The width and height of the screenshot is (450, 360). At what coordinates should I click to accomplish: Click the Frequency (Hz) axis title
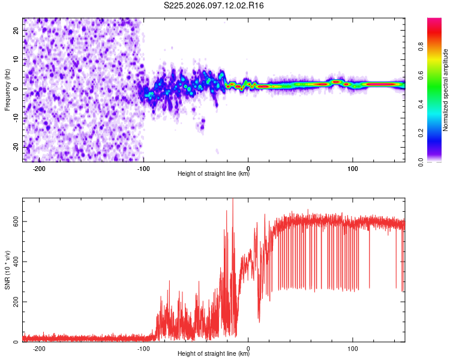click(x=8, y=90)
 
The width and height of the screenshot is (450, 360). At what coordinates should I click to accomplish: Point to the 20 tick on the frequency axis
click(x=16, y=30)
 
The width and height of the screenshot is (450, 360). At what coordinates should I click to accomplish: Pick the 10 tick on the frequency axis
click(x=16, y=59)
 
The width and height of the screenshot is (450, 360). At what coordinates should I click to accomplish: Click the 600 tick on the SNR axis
click(x=16, y=221)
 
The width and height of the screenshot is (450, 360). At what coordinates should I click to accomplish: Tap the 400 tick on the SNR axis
click(x=16, y=262)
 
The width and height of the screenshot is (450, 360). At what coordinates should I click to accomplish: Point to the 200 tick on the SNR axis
click(x=16, y=302)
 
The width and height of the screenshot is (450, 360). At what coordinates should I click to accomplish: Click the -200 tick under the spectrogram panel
click(x=39, y=168)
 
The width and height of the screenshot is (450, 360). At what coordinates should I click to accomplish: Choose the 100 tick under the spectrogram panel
click(x=353, y=168)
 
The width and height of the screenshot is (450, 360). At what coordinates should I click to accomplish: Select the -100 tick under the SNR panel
click(x=143, y=348)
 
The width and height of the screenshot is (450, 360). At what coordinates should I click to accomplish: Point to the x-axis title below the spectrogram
click(x=214, y=174)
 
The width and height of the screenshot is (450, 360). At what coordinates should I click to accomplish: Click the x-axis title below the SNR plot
click(x=214, y=354)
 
